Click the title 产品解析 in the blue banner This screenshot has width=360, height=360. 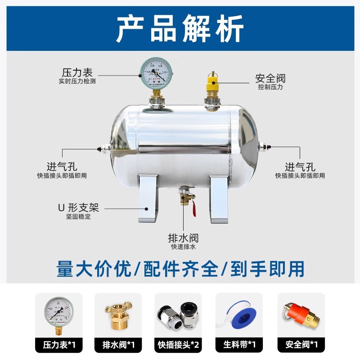click(x=180, y=28)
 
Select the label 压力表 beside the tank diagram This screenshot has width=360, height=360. click(x=77, y=72)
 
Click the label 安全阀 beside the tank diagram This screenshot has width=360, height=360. click(x=270, y=78)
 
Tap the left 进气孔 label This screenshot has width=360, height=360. click(x=62, y=166)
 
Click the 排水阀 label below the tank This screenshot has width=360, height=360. click(x=183, y=238)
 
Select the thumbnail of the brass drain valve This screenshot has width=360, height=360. click(x=118, y=315)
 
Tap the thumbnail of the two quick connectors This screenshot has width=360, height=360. click(x=178, y=315)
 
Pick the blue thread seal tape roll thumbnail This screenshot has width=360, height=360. click(x=239, y=315)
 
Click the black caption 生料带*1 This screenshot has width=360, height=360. click(x=239, y=345)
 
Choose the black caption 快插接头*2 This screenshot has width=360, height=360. click(x=178, y=345)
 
